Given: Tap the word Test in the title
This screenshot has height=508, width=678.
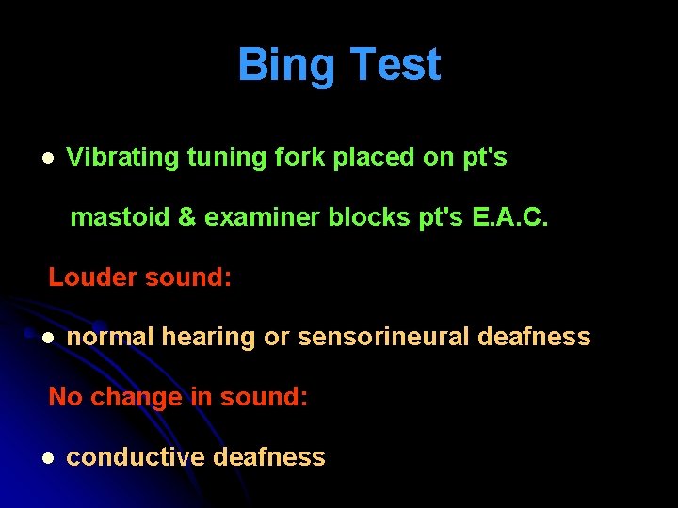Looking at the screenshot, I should pyautogui.click(x=395, y=65).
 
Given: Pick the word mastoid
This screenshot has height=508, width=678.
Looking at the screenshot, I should pyautogui.click(x=121, y=217).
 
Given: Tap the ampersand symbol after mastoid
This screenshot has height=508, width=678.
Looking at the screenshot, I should pyautogui.click(x=187, y=217).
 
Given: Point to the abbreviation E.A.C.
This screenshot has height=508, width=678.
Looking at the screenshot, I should pyautogui.click(x=508, y=217).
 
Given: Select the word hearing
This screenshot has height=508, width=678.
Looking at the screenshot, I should pyautogui.click(x=208, y=338).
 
